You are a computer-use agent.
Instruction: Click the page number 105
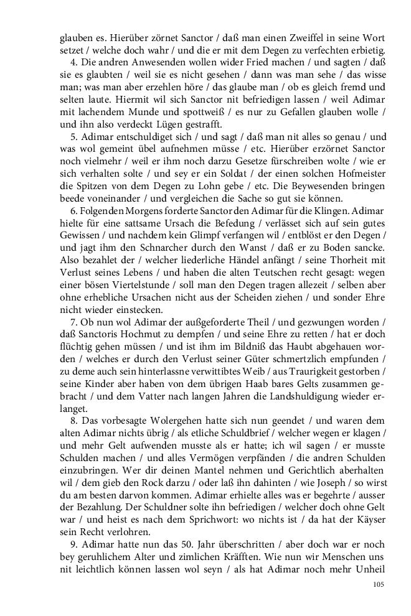(x=379, y=584)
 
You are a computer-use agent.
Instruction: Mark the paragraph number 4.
(x=73, y=63)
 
